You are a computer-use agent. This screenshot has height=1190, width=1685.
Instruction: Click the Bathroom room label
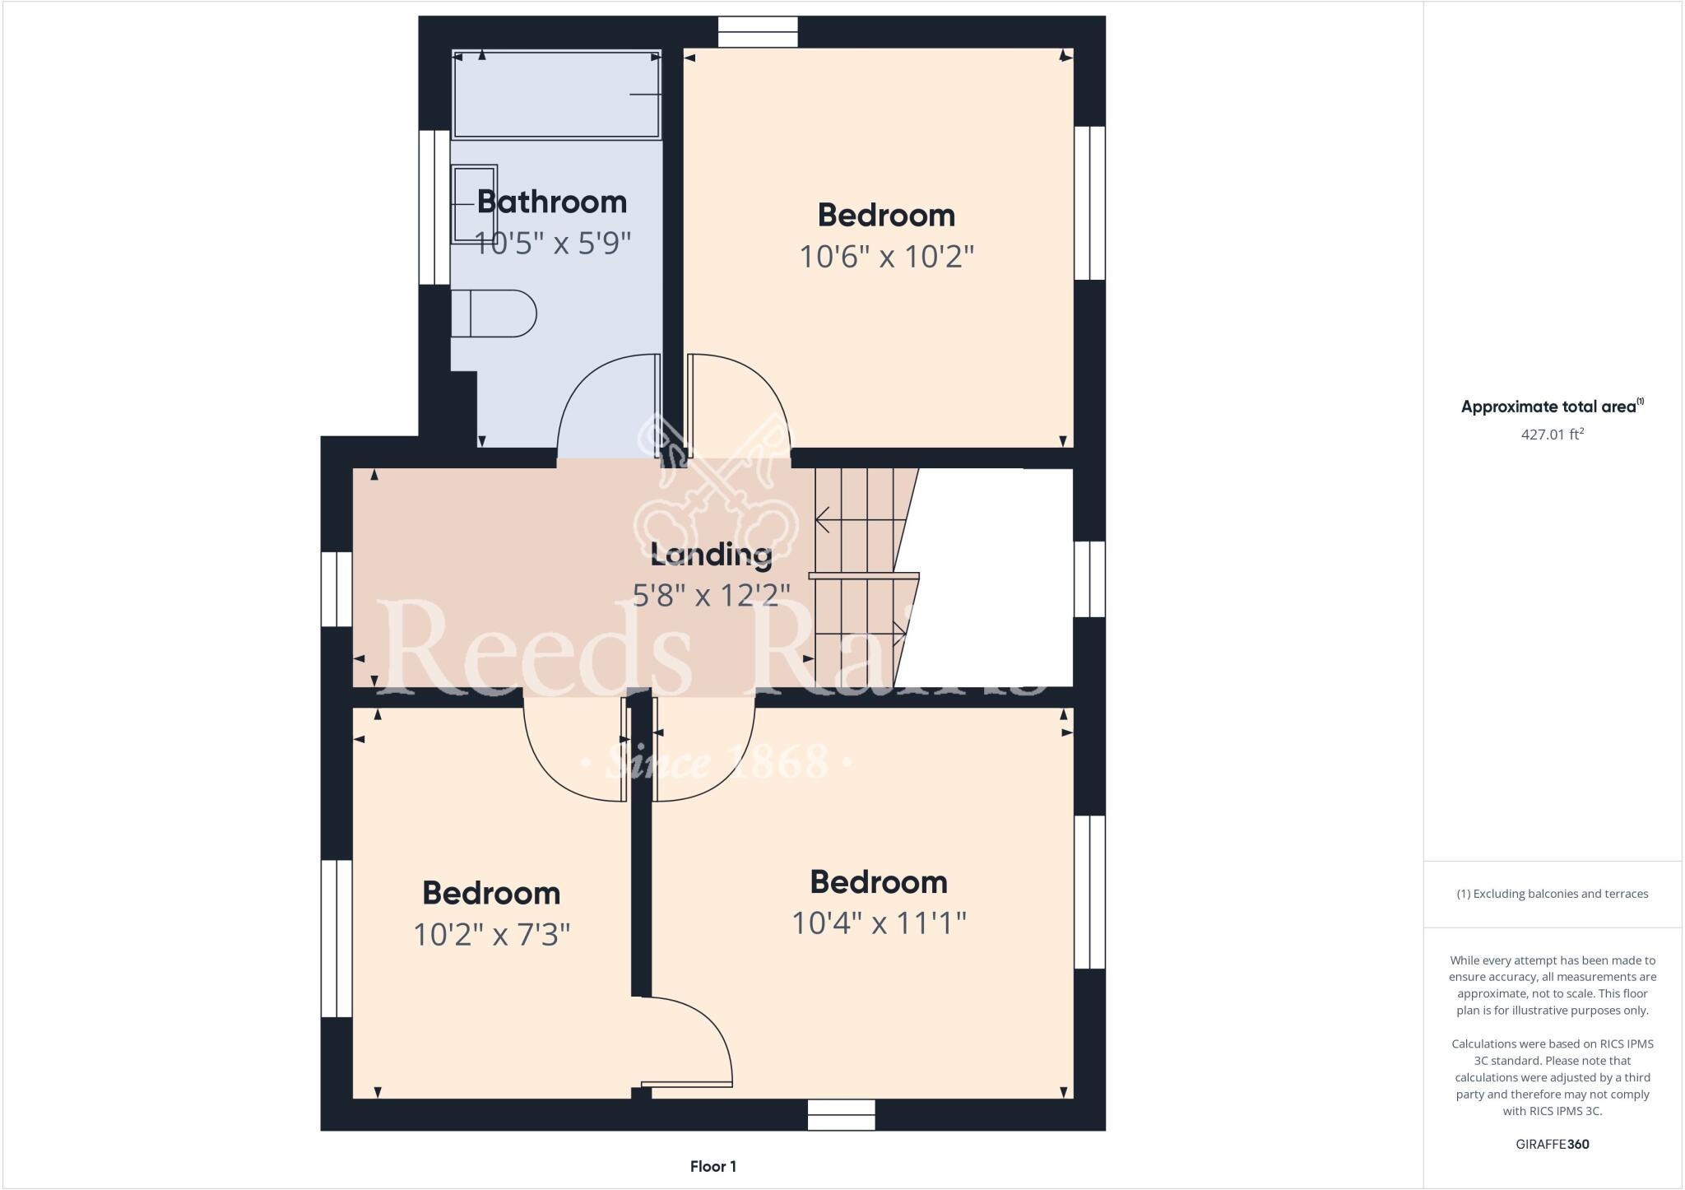(x=551, y=202)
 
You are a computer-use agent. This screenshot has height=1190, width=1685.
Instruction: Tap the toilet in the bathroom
(x=493, y=314)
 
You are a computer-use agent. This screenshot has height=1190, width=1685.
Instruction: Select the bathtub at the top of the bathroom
(x=557, y=95)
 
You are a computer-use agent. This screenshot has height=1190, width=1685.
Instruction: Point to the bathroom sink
(x=475, y=203)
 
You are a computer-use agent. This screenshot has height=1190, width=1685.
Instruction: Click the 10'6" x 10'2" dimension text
(x=886, y=258)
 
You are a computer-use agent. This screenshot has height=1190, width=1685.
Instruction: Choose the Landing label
(x=711, y=555)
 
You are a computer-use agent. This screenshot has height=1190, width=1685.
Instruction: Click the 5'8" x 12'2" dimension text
(x=711, y=594)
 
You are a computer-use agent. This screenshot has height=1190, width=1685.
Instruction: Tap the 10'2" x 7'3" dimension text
(x=491, y=935)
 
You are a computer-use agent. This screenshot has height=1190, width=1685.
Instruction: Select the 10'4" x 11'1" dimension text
(x=878, y=923)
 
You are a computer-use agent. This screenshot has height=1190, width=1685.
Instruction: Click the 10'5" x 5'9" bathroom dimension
(x=552, y=243)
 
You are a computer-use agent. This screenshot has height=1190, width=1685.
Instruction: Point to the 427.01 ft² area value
(x=1552, y=434)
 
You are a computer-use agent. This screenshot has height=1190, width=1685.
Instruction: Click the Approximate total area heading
(x=1552, y=407)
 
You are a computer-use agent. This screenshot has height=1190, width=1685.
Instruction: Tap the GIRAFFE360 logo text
(x=1552, y=1144)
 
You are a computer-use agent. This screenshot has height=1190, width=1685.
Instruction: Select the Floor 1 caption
(x=713, y=1166)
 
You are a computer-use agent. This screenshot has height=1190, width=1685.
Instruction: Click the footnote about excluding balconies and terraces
(x=1552, y=894)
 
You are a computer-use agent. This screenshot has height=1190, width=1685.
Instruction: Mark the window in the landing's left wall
(x=337, y=589)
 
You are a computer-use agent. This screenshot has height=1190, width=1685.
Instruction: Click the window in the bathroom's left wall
(x=434, y=207)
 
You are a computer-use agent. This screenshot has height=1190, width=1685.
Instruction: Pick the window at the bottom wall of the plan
(x=841, y=1116)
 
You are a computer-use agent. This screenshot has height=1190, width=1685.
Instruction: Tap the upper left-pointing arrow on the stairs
(x=823, y=519)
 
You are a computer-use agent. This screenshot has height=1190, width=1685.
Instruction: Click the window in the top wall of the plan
(x=758, y=32)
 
